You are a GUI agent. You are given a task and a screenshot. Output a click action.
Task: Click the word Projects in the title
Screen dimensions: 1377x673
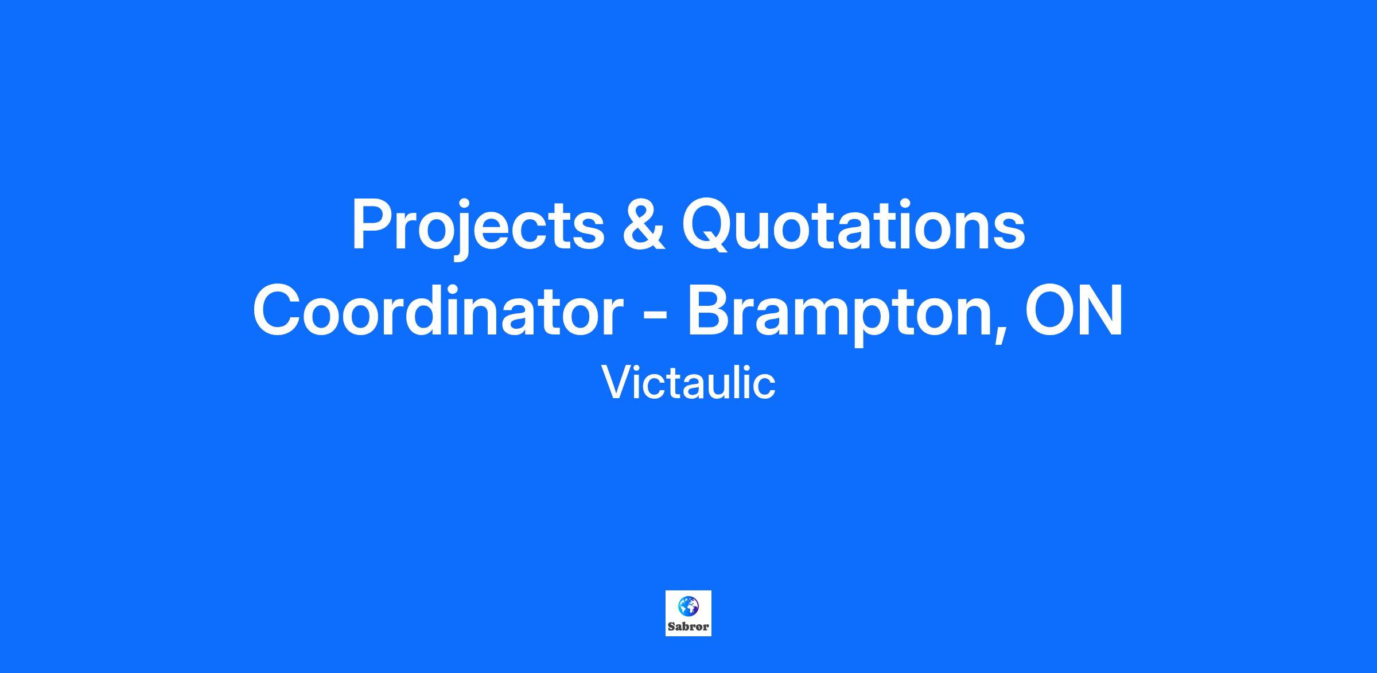coord(478,228)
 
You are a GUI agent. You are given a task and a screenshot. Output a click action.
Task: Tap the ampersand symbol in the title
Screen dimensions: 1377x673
coord(643,225)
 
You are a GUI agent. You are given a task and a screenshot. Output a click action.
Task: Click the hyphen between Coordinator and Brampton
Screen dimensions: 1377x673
coord(654,317)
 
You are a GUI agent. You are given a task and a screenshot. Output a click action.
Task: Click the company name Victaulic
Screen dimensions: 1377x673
coord(688,383)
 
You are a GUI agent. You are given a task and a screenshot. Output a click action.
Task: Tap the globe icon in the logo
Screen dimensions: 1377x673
coord(688,606)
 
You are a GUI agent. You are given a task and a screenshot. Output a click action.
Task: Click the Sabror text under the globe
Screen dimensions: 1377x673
coord(688,627)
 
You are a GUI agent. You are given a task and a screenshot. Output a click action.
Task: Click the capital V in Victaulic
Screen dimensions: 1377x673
coord(617,382)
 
